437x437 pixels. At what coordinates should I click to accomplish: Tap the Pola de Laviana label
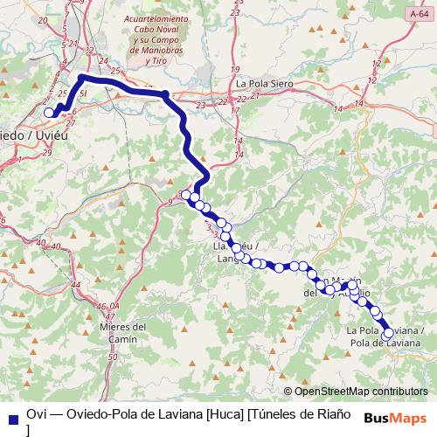[385, 336]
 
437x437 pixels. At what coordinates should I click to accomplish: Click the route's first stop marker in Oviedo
[50, 112]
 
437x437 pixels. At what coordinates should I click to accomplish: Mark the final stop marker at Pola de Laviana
[388, 332]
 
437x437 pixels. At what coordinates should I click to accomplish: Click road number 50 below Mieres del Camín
[111, 357]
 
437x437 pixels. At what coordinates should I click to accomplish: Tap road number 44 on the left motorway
[76, 285]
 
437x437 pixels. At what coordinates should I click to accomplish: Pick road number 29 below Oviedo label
[46, 153]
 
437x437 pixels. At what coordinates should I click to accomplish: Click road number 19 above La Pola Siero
[234, 68]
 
